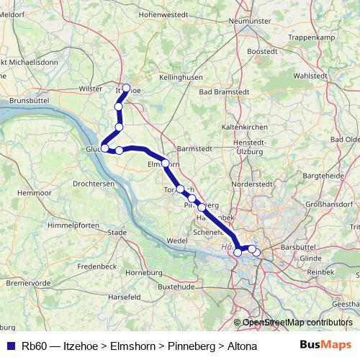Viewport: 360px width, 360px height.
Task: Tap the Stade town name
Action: click(116, 233)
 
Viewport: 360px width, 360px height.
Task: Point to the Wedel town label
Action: click(176, 240)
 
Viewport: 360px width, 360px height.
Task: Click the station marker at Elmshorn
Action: click(166, 163)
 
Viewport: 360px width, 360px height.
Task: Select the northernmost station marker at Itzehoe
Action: click(127, 89)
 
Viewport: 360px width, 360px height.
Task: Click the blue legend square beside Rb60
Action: click(10, 346)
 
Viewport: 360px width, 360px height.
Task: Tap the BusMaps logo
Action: click(325, 345)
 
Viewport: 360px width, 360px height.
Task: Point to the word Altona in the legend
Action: click(242, 346)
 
